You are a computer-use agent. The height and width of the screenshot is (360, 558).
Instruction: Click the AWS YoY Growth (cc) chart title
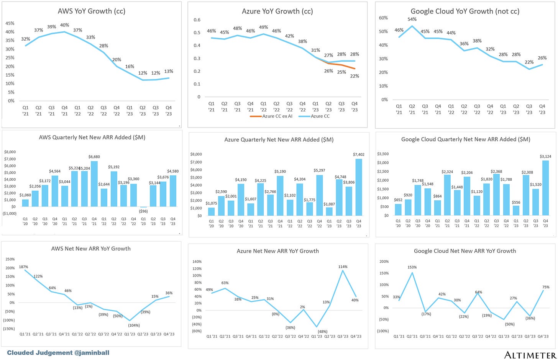pos(92,11)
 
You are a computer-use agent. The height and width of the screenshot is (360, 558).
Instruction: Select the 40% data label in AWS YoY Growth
pos(64,25)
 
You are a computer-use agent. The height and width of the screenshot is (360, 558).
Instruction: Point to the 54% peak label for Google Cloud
pos(412,19)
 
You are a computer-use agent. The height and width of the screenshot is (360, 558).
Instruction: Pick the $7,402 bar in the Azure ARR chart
pos(359,187)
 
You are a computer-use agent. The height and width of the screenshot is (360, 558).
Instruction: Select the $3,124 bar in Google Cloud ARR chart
pos(545,188)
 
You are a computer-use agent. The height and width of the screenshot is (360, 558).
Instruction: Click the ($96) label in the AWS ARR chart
pos(143,211)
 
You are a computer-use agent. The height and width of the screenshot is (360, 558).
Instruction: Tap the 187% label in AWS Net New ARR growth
pos(24,267)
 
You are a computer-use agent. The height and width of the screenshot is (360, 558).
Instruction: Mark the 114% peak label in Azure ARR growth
pos(343,267)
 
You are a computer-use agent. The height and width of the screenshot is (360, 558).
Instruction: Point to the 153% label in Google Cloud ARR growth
pos(412,267)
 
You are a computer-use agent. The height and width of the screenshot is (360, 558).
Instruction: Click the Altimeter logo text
pos(530,355)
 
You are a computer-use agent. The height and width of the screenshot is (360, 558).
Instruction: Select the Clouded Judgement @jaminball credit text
pos(58,353)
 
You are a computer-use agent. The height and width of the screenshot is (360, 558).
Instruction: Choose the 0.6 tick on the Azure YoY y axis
pos(197,20)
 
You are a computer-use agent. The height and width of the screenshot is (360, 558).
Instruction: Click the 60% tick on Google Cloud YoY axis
pos(383,18)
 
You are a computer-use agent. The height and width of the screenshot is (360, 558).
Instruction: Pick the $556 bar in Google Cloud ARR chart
pos(516,211)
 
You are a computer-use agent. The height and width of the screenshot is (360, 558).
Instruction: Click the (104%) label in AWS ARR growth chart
pos(134,325)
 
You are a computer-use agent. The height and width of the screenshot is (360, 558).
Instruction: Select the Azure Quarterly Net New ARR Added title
pos(279,140)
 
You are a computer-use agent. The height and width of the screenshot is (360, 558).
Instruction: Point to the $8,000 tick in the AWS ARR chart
pos(10,152)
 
